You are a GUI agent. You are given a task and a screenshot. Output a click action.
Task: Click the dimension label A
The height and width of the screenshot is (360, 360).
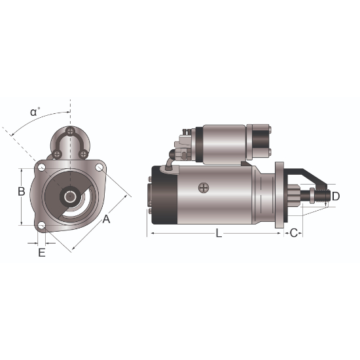click(x=106, y=219)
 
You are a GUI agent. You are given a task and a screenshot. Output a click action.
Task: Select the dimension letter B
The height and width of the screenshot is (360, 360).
click(x=22, y=191)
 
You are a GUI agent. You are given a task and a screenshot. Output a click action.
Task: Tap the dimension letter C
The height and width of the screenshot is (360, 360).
click(x=294, y=233)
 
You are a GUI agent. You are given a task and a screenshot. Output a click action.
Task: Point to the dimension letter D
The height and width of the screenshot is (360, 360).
click(x=335, y=196)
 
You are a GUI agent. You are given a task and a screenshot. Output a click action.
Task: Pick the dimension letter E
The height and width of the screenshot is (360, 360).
click(x=41, y=253)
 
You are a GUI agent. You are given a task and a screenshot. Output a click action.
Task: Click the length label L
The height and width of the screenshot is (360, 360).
click(x=219, y=233)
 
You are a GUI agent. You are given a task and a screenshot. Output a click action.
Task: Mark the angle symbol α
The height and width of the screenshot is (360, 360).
click(x=33, y=112)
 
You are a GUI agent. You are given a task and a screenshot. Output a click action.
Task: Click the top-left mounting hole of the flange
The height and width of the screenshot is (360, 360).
click(x=41, y=167)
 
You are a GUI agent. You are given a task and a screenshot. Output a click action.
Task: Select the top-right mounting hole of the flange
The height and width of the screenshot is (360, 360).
click(x=99, y=167)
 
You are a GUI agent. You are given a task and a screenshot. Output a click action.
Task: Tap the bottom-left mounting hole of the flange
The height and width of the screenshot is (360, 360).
click(x=41, y=226)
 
